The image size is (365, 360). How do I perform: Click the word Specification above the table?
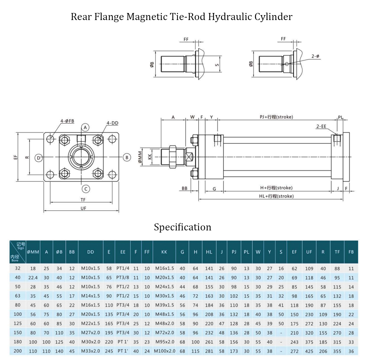[x=182, y=227]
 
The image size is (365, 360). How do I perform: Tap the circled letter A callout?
[x=86, y=127]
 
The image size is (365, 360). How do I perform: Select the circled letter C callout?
[x=86, y=189]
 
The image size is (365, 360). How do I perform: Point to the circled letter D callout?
[x=39, y=158]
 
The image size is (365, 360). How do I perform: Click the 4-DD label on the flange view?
[x=112, y=123]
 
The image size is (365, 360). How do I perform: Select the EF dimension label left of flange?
[x=15, y=157]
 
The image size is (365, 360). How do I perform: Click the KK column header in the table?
[x=164, y=252]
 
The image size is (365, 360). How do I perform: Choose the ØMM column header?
[x=33, y=252]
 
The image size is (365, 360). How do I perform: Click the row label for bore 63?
[x=18, y=296]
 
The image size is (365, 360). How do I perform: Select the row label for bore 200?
[x=18, y=351]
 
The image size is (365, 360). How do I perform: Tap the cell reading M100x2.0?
[x=164, y=351]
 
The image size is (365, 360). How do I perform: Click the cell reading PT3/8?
[x=123, y=277]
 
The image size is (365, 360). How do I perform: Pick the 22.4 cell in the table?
[x=33, y=277]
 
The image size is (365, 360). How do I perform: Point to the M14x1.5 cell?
[x=91, y=296]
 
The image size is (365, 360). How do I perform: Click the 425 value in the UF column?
[x=309, y=351]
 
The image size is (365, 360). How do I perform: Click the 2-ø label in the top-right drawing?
[x=315, y=56]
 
